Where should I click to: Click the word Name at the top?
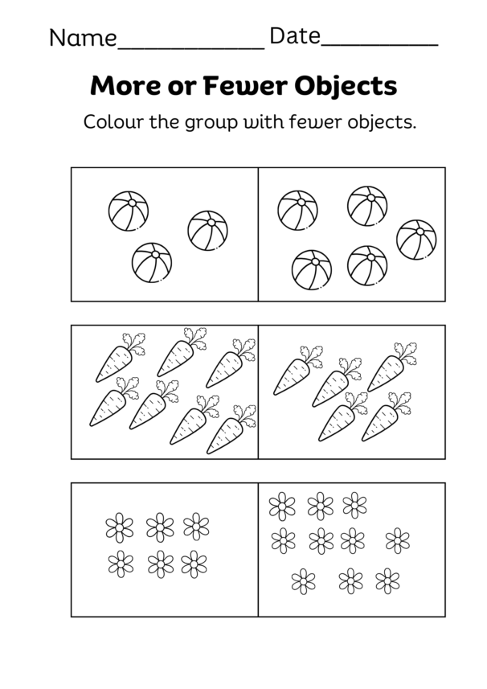click(82, 37)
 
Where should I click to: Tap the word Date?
click(294, 36)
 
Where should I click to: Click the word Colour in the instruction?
click(110, 124)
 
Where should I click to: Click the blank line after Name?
click(190, 47)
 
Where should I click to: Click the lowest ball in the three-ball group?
click(153, 262)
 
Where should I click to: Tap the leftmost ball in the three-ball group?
click(129, 211)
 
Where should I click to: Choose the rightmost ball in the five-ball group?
click(416, 239)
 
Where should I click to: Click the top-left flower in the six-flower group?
click(120, 527)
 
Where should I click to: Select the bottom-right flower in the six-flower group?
click(194, 563)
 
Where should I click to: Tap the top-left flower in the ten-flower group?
click(282, 506)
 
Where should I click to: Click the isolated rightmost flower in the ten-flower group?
click(397, 539)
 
